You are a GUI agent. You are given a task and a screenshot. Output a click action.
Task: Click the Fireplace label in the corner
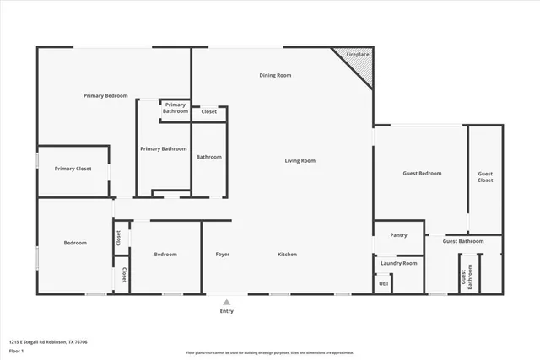(x=359, y=55)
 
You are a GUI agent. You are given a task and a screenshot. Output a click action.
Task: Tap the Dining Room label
(x=275, y=76)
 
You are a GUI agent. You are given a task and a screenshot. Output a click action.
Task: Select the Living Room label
(x=300, y=160)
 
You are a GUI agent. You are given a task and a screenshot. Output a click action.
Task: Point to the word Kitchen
(x=288, y=254)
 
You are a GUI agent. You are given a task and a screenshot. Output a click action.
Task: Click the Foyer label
(x=223, y=254)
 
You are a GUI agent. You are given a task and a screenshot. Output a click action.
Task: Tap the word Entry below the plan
(x=226, y=311)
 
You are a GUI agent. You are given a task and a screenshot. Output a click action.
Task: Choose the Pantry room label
(x=398, y=235)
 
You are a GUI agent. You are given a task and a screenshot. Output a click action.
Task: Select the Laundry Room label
(x=399, y=263)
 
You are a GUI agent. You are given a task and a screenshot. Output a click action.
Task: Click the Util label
(x=383, y=283)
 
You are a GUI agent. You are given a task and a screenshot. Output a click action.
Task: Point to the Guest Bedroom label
(x=422, y=173)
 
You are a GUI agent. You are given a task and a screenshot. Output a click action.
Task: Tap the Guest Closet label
(x=485, y=176)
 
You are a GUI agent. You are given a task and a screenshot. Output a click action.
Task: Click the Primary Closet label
(x=73, y=169)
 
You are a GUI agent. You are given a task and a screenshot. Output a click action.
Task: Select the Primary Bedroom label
(x=105, y=96)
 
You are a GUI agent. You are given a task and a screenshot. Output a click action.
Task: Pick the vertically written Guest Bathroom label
(x=463, y=277)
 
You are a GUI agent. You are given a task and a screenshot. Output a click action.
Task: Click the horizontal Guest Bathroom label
(x=463, y=241)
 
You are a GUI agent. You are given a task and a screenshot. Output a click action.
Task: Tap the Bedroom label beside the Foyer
(x=165, y=254)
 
